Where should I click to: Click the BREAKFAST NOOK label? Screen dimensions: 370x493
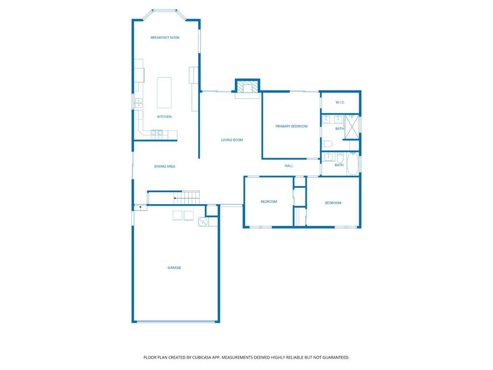165,38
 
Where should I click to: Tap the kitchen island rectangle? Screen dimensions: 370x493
164,92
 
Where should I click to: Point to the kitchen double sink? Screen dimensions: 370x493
139,102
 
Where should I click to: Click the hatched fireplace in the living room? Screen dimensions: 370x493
247,87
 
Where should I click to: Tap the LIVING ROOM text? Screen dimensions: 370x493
232,140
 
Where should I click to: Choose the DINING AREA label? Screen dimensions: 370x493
165,167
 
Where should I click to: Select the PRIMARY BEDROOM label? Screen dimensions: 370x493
291,127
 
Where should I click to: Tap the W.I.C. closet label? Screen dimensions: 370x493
340,103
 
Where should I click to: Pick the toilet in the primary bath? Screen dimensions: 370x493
328,144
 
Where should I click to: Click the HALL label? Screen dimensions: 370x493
289,166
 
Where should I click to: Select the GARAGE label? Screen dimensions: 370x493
174,268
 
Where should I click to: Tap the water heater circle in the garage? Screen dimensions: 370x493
203,222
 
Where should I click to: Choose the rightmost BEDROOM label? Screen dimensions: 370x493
333,203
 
